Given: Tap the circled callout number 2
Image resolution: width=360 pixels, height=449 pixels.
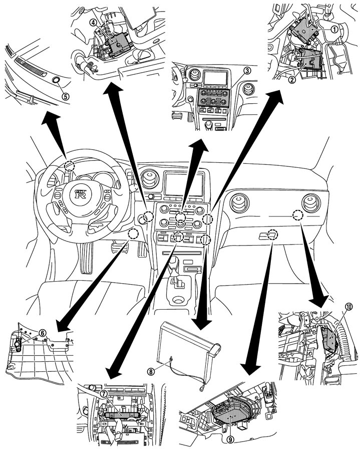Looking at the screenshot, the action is (x=292, y=80).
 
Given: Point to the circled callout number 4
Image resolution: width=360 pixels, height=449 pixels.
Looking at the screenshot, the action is (x=92, y=23).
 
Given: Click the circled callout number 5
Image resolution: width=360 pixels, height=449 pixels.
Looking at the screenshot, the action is (x=66, y=96).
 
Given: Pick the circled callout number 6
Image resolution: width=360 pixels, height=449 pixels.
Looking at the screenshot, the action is (x=42, y=333).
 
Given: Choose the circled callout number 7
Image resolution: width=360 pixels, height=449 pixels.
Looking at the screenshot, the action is (x=104, y=394).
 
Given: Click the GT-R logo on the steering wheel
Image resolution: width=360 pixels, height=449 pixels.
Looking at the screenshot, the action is (x=81, y=194).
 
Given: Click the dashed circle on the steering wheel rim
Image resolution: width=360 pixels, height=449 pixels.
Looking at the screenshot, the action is (x=70, y=165).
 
